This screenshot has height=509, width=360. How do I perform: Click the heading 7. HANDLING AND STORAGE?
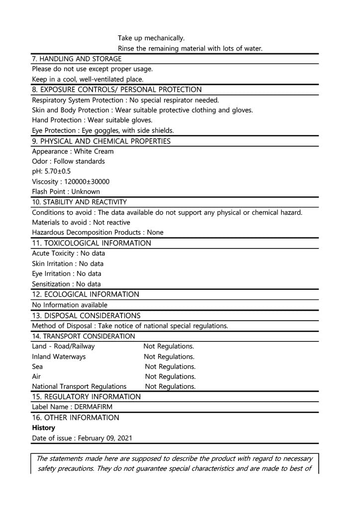coord(77,59)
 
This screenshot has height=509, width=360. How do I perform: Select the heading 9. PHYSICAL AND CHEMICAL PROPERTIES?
coord(101,141)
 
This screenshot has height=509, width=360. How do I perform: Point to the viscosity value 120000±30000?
coord(87,181)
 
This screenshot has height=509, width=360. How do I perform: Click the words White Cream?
coord(93,151)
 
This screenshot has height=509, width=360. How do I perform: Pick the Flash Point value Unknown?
coord(86,191)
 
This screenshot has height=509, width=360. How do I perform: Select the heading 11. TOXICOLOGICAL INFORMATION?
coord(91,243)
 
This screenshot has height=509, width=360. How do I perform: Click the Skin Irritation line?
coord(68,263)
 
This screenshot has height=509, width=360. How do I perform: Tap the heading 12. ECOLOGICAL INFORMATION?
coord(86,294)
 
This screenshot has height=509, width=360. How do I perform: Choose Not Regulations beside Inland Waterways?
coord(169,356)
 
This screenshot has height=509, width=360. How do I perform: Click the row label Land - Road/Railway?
coord(63,346)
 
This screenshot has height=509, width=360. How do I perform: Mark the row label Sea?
coord(37,367)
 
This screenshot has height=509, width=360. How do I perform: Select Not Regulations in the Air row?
coord(170,376)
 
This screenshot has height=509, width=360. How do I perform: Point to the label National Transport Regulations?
coord(79,386)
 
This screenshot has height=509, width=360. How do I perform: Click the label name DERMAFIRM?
coord(93,407)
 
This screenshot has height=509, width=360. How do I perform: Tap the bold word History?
coord(44,427)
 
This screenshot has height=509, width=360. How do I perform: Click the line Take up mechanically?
coord(151,38)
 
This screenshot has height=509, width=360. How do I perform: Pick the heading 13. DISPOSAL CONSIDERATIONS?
coord(86,316)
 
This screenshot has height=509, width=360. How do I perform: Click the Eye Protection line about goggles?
coord(103,130)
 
